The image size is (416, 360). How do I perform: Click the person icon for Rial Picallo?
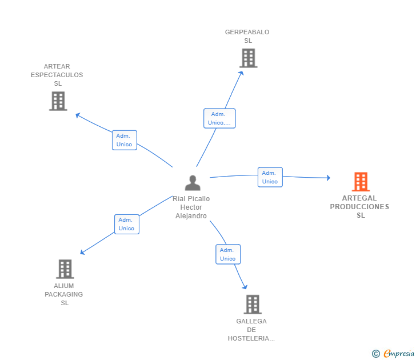[x=193, y=183]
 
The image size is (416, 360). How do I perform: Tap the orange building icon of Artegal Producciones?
[x=361, y=182]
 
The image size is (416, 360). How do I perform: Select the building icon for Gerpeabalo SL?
[x=248, y=58]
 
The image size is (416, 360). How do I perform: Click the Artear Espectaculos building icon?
[x=58, y=101]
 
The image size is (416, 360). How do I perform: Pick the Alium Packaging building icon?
[x=65, y=269]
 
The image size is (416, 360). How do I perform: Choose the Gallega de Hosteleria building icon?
[x=252, y=305]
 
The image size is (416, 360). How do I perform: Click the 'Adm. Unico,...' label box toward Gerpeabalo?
[x=219, y=118]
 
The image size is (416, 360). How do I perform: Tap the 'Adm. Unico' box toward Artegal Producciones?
[x=270, y=177]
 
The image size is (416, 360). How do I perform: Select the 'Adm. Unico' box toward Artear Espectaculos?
[x=124, y=140]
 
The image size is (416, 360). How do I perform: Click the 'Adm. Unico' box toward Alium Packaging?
[x=126, y=224]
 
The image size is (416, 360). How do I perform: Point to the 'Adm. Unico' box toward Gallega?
[x=227, y=254]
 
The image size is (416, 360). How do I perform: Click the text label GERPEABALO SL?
[x=247, y=37]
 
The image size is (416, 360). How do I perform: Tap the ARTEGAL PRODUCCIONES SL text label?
[x=360, y=207]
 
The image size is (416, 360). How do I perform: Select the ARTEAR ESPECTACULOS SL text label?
[x=57, y=75]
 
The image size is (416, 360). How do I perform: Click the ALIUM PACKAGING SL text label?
[x=64, y=294]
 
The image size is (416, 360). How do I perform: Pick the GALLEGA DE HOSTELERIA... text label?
[x=251, y=330]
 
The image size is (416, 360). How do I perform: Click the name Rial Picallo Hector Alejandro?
[x=191, y=207]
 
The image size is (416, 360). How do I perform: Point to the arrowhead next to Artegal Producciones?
[x=328, y=178]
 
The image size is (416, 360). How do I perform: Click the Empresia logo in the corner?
[x=399, y=353]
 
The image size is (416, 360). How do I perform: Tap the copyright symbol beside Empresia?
[x=375, y=354]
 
